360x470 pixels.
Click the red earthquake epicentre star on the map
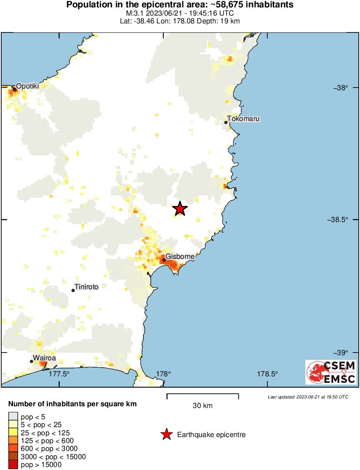(x=180, y=209)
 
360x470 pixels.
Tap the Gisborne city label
(x=180, y=257)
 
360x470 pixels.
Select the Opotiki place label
(x=27, y=86)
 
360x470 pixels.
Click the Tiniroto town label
(x=87, y=287)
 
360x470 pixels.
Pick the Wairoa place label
(x=45, y=359)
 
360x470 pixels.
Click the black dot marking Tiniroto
(x=73, y=290)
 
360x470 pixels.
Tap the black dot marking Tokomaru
(x=226, y=122)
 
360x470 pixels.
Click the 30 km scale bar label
(x=202, y=406)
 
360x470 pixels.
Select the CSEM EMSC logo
(x=331, y=372)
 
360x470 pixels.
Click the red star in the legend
(x=166, y=434)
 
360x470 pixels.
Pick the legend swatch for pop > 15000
(x=13, y=465)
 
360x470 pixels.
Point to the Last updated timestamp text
(x=308, y=397)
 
